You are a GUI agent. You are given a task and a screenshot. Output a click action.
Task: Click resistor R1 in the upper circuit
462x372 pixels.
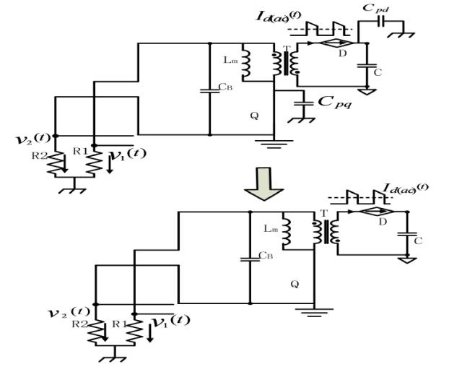94,165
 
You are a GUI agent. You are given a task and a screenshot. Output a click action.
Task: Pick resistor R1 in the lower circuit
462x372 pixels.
134,332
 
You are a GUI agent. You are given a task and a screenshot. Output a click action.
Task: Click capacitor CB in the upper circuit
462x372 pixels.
209,90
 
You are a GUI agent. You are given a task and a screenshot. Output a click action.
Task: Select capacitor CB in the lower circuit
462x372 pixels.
250,257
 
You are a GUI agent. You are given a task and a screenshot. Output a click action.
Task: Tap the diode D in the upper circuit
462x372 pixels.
334,45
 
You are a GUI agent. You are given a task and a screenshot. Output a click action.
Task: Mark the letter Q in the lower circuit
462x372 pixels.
295,284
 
